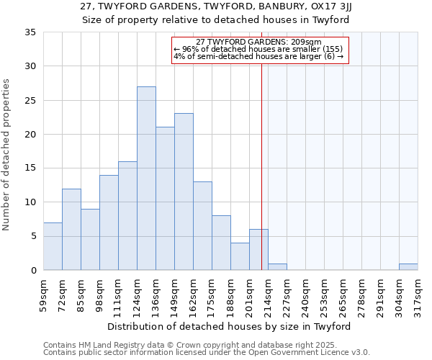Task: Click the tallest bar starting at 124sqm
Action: [146, 179]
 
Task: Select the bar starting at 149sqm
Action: [184, 192]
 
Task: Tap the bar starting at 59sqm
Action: [53, 246]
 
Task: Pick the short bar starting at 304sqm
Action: [408, 266]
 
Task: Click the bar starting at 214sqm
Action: [277, 266]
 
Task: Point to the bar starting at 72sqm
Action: [71, 229]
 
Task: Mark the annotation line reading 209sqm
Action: [258, 42]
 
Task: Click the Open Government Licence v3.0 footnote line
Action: [207, 353]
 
